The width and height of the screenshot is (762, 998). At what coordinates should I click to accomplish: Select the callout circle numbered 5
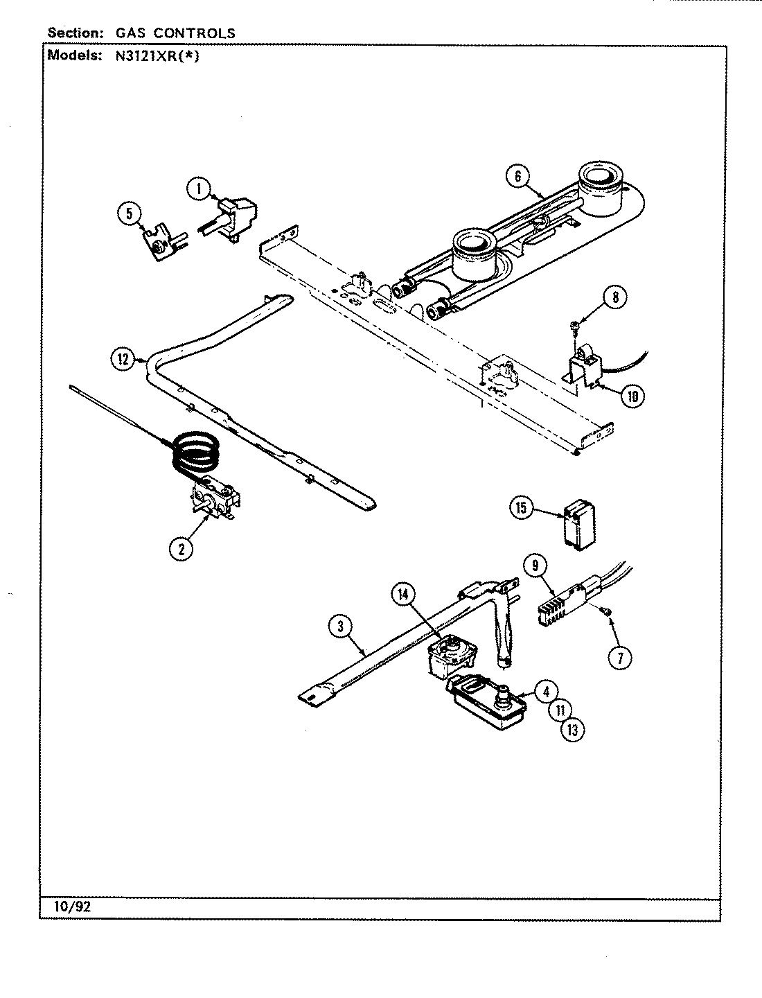[129, 214]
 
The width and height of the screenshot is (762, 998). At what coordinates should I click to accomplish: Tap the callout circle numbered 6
[517, 176]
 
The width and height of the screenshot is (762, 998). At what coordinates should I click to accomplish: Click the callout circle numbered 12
[123, 358]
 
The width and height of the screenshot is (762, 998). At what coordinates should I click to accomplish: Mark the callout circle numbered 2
[181, 548]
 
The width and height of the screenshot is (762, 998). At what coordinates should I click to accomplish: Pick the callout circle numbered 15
[522, 508]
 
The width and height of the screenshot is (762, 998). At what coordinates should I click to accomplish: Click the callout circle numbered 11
[560, 710]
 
